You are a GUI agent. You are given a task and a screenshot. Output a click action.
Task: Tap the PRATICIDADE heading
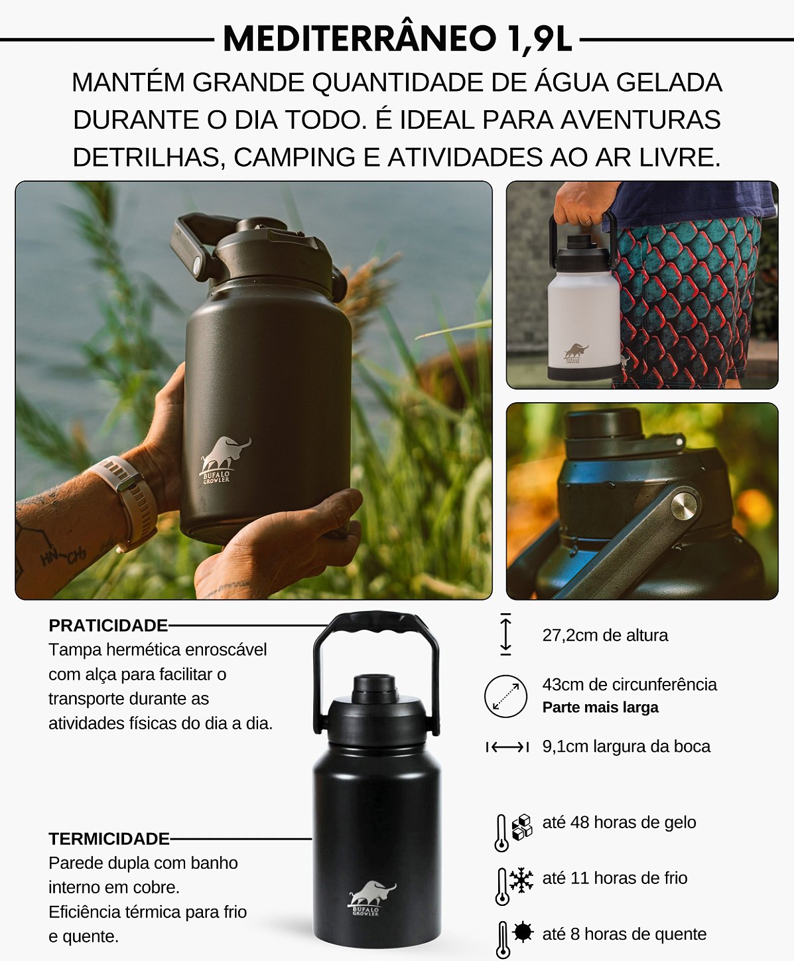coord(108,625)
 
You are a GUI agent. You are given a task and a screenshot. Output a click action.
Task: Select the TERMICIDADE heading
coord(109,839)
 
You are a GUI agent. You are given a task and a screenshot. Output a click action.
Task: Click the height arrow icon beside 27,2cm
coord(505,634)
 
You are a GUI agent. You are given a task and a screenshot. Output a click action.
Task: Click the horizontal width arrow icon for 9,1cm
coord(507,747)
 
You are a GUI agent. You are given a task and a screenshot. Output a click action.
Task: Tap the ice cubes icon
coord(522,827)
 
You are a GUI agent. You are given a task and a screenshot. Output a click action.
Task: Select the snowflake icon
coord(521,881)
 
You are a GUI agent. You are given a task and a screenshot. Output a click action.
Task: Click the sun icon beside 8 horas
coord(523,932)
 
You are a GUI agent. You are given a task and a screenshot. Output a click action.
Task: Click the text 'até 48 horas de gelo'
coord(619,822)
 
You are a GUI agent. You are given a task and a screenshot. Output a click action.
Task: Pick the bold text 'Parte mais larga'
coord(600,707)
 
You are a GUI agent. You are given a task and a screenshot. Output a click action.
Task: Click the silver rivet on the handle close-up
coord(684,506)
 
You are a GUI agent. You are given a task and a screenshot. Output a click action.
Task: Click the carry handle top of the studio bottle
coord(375,623)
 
